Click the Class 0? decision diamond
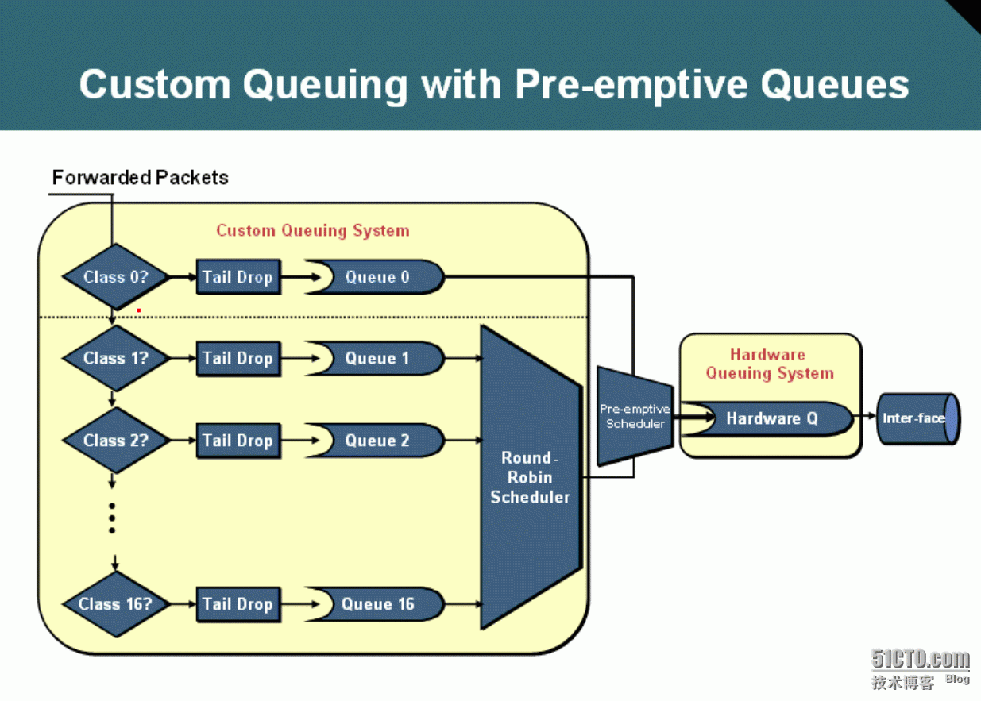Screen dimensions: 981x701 click(116, 277)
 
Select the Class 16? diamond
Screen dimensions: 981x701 click(116, 604)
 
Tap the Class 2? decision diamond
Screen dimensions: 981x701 click(116, 441)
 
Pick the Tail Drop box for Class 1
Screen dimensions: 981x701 click(238, 359)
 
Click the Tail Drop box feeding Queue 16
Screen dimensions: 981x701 click(238, 604)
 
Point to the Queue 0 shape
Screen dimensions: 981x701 click(376, 277)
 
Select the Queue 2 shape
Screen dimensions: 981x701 click(376, 441)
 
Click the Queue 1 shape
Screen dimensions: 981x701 click(376, 359)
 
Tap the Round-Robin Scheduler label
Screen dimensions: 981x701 click(530, 477)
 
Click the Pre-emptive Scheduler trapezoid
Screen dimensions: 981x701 click(635, 416)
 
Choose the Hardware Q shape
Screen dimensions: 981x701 click(767, 418)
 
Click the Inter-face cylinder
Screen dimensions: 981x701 click(918, 418)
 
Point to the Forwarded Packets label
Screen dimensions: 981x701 click(140, 178)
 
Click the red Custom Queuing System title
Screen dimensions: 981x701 click(313, 230)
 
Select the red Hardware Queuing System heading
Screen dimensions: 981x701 click(770, 364)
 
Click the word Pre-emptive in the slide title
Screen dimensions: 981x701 click(631, 85)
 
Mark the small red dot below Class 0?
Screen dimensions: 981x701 click(139, 310)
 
